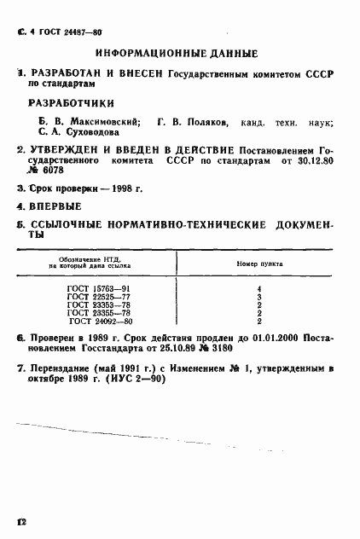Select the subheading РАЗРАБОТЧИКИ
pyautogui.click(x=71, y=105)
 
